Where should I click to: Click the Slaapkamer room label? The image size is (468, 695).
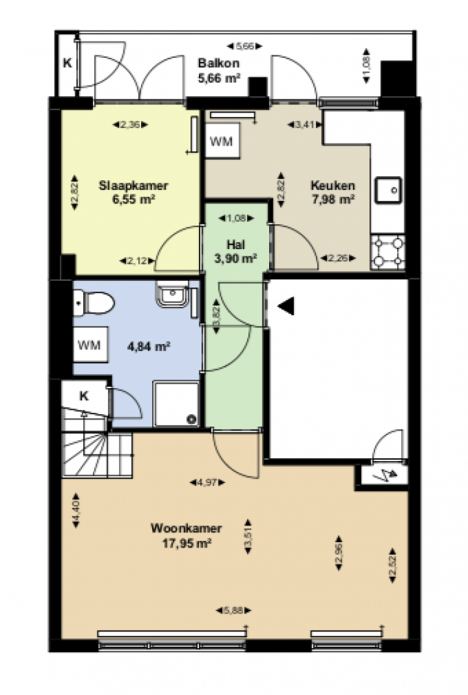click(x=133, y=185)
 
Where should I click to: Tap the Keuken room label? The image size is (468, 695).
click(x=333, y=185)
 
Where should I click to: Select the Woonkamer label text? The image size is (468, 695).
click(x=186, y=529)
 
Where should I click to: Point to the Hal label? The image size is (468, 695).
click(x=236, y=244)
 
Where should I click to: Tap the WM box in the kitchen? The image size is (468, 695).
click(x=222, y=141)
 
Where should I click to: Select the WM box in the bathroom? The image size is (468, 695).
click(x=90, y=345)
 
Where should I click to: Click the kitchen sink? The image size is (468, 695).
click(x=388, y=190)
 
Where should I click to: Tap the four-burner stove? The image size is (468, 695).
click(x=388, y=253)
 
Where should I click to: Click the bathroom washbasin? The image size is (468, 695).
click(x=173, y=293)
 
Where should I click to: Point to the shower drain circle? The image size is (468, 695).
click(x=192, y=419)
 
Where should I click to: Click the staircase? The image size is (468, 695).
click(x=97, y=454)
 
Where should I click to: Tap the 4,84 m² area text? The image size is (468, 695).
click(x=148, y=346)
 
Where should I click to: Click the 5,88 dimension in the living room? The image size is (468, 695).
click(x=233, y=610)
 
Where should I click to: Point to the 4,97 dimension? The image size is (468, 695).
click(x=207, y=482)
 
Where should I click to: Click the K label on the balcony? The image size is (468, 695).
click(x=68, y=63)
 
